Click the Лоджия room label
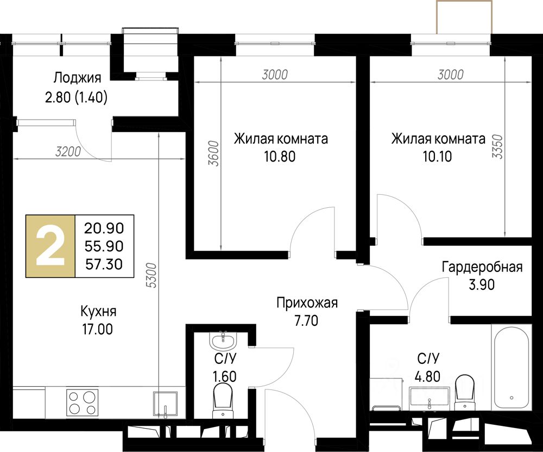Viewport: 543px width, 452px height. click(x=77, y=78)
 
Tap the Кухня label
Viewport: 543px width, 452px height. click(x=98, y=312)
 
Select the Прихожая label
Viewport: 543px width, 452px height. click(x=307, y=303)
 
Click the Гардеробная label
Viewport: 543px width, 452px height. click(x=482, y=268)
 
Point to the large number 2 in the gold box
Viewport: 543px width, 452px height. click(x=50, y=246)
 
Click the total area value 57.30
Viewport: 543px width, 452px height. click(x=104, y=265)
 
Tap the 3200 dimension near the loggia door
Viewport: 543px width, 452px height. click(x=68, y=152)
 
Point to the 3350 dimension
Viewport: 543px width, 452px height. click(x=497, y=146)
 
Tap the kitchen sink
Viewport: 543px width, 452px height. click(x=166, y=404)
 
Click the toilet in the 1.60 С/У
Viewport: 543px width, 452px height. click(x=222, y=401)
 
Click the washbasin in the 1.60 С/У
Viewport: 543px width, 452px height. click(x=223, y=340)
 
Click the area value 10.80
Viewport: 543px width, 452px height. click(x=280, y=157)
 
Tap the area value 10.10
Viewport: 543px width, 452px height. click(x=437, y=157)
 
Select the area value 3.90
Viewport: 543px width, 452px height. click(x=481, y=285)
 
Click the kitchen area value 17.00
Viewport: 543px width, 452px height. click(x=97, y=329)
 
